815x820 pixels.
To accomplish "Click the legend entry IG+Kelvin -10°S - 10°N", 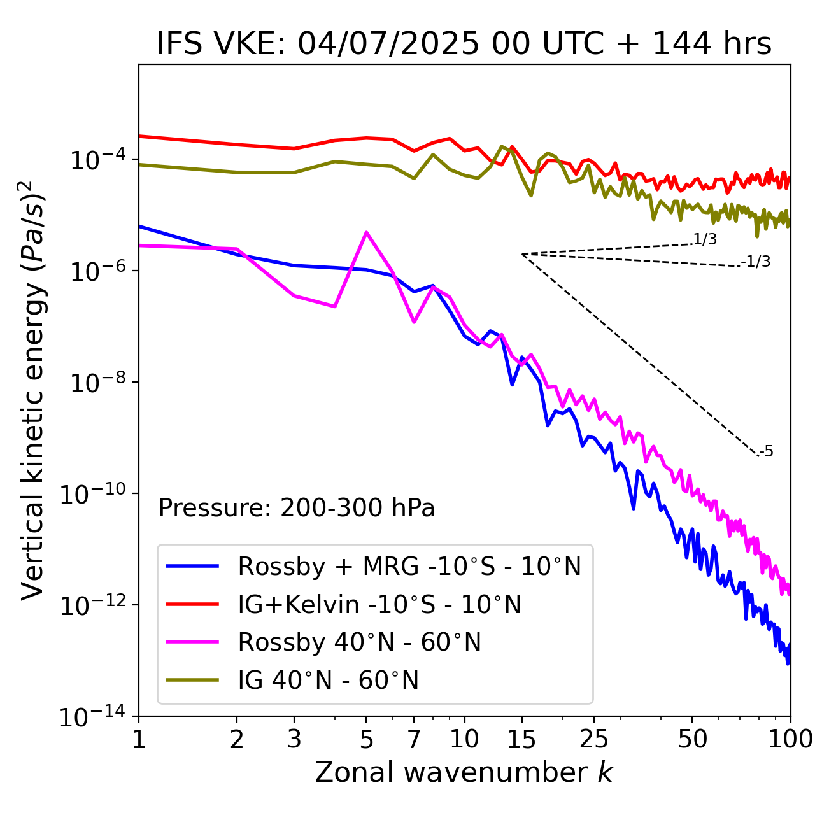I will [379, 604].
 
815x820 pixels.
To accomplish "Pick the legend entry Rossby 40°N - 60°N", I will [359, 642].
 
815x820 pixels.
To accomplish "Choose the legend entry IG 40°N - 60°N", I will [328, 681].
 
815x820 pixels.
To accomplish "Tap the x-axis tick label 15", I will [522, 739].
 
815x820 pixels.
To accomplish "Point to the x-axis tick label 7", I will [414, 739].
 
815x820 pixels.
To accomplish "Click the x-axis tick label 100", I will [790, 739].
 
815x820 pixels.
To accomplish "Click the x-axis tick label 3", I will [294, 739].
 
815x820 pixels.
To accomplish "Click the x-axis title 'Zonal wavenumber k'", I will [464, 772].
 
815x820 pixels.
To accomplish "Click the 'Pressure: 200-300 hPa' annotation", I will [297, 508].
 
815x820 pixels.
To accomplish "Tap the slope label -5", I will [766, 451].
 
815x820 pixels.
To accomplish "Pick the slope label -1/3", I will [756, 261].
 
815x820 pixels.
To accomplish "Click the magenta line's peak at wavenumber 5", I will [366, 232].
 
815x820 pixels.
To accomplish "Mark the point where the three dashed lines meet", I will [522, 254].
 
